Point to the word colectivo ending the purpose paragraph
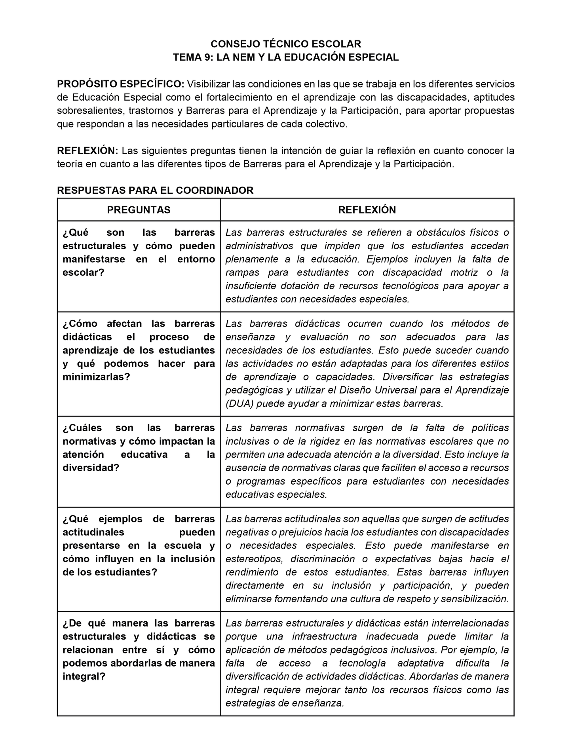(x=329, y=124)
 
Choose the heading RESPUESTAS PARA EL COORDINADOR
(x=155, y=190)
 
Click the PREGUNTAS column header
(x=139, y=210)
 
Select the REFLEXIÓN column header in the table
(x=367, y=210)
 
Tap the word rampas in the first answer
(x=242, y=273)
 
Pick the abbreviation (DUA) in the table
(x=239, y=404)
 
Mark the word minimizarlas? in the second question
(x=96, y=377)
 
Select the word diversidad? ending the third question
(x=91, y=468)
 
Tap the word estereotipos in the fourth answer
(x=254, y=559)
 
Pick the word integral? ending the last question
(x=84, y=677)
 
